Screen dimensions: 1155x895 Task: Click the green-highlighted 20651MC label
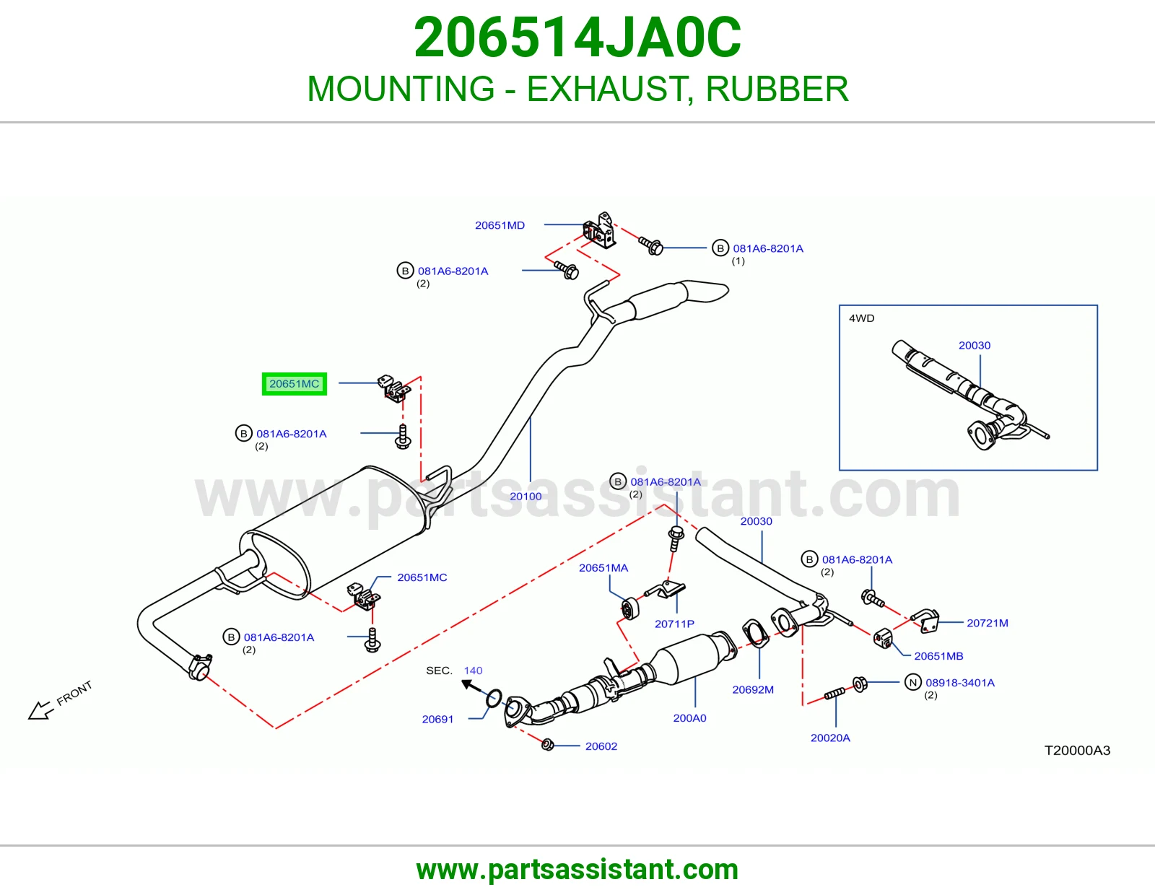[x=294, y=384]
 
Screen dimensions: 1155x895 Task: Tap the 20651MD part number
[x=500, y=225]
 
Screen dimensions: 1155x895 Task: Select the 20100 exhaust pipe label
[x=526, y=497]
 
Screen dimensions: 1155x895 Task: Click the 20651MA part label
[x=603, y=567]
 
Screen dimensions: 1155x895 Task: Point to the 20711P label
[x=674, y=624]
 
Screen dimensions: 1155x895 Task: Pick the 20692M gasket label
[x=753, y=690]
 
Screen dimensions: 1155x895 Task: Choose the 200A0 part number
[x=689, y=718]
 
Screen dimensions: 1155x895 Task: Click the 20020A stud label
[x=830, y=738]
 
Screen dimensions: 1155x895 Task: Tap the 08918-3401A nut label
[x=960, y=682]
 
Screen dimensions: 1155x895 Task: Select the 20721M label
[x=987, y=623]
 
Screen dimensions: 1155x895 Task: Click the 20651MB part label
[x=938, y=656]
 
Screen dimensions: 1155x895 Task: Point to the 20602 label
[x=601, y=746]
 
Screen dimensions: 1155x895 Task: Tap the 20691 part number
[x=437, y=719]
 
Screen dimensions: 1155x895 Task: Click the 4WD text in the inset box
[x=862, y=318]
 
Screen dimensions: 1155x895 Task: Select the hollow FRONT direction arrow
[x=40, y=710]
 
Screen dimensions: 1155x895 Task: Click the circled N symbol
[x=912, y=682]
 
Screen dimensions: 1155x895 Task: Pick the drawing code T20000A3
[x=1077, y=751]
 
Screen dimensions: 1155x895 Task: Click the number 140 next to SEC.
[x=473, y=671]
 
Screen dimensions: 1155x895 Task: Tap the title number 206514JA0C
[x=577, y=38]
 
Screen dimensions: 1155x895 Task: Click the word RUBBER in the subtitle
[x=777, y=89]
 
